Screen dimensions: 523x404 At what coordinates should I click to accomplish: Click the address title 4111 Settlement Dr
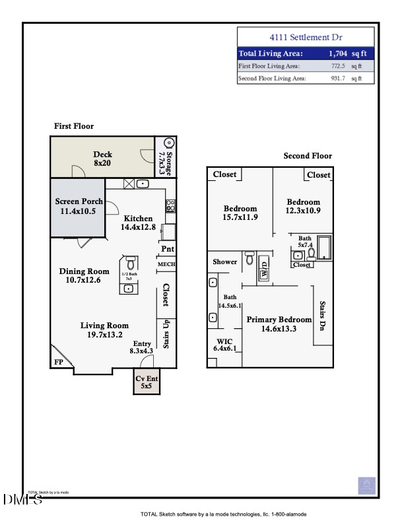(x=306, y=38)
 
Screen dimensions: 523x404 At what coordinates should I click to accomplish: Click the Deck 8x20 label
(x=102, y=158)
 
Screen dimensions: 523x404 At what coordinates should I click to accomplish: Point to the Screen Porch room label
(x=78, y=206)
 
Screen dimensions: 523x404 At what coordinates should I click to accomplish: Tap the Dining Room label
(x=84, y=275)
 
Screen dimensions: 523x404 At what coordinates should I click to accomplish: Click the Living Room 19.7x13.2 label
(x=104, y=330)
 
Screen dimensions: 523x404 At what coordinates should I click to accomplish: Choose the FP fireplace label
(x=57, y=363)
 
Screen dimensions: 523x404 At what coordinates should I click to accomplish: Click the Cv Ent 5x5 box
(x=146, y=382)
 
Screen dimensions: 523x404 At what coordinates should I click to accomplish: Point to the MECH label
(x=166, y=265)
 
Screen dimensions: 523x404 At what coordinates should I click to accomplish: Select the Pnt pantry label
(x=167, y=249)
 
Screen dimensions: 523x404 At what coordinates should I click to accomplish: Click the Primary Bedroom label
(x=279, y=324)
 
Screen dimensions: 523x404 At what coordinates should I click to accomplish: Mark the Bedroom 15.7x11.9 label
(x=240, y=212)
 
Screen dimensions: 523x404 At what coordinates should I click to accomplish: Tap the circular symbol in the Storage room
(x=168, y=143)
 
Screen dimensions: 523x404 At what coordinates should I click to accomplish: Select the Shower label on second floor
(x=224, y=262)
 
